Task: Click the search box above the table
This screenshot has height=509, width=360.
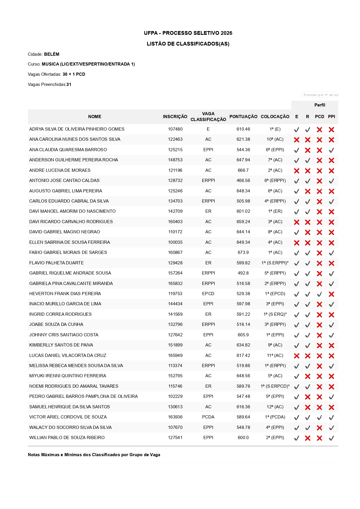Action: [320, 95]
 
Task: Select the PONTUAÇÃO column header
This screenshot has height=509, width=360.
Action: [243, 117]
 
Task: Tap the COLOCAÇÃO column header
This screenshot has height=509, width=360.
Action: [275, 117]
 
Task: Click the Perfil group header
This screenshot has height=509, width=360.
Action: [319, 105]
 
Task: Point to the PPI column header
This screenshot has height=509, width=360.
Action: [331, 117]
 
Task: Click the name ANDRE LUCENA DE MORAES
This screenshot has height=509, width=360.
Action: [60, 170]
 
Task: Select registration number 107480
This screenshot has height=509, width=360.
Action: [175, 129]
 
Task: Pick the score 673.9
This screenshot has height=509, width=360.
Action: [243, 252]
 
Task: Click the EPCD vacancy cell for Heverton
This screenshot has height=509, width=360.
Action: [208, 294]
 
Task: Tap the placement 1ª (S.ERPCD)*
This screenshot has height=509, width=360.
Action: [275, 386]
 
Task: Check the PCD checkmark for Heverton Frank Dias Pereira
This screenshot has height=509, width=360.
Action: [319, 294]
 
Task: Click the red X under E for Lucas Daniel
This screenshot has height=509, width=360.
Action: [296, 356]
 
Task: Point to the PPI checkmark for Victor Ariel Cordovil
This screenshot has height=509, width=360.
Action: [331, 418]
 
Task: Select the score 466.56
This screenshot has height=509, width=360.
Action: [243, 181]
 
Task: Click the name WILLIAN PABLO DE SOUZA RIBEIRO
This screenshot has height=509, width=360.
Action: [67, 438]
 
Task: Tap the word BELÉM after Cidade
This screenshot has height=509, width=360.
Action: [52, 54]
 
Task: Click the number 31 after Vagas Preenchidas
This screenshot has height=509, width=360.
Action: [69, 84]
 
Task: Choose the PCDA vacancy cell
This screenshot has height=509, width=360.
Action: [208, 417]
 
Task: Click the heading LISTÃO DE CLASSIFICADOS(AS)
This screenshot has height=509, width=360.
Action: [188, 44]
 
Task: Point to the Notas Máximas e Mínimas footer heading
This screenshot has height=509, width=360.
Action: [94, 455]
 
